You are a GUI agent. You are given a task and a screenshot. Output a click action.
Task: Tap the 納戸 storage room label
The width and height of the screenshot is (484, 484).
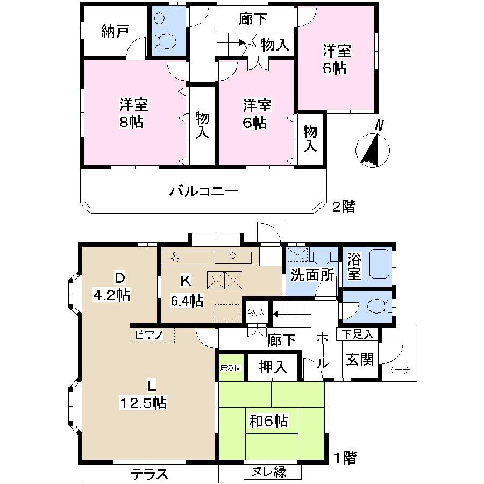(x=115, y=32)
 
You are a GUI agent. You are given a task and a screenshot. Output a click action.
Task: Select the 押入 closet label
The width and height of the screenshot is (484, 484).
(x=273, y=368)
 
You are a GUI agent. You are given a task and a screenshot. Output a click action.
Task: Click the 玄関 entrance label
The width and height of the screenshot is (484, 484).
(x=360, y=360)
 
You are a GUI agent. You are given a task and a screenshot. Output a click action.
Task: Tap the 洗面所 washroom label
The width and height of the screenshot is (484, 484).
(x=312, y=275)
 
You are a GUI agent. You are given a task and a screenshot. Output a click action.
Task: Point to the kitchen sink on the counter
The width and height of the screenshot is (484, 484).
(x=232, y=257)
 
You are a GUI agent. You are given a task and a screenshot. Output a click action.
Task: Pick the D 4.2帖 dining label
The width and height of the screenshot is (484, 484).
(x=113, y=287)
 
